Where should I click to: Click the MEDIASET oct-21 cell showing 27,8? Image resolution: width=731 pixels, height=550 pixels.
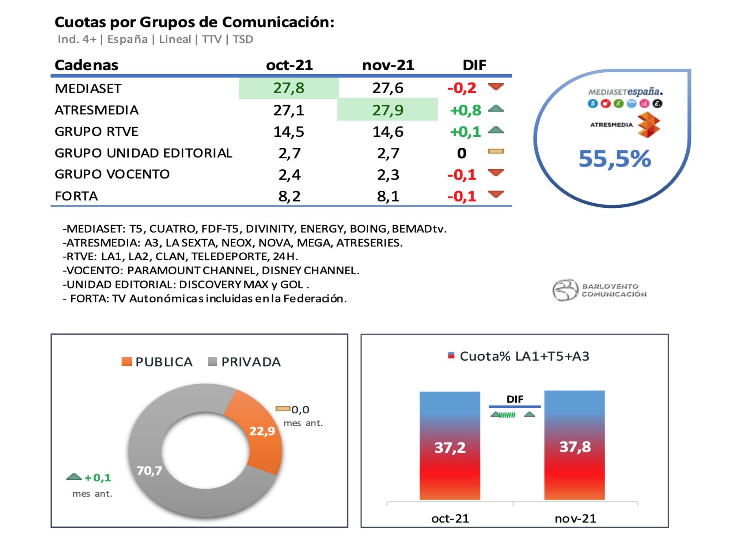tap(289, 88)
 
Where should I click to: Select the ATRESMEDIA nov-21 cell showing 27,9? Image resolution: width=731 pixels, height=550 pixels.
tap(388, 110)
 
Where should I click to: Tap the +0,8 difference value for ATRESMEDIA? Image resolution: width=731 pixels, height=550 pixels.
tap(465, 110)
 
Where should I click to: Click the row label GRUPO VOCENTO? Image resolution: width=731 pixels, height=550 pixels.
tap(112, 174)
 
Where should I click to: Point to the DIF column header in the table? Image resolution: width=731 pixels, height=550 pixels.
tap(474, 65)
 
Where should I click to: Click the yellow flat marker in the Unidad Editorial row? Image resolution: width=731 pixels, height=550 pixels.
tap(496, 151)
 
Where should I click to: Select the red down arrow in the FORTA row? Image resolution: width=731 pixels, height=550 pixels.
tap(496, 194)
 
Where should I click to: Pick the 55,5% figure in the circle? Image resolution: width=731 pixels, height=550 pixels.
tap(615, 159)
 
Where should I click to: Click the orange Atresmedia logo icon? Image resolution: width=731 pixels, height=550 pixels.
tap(648, 125)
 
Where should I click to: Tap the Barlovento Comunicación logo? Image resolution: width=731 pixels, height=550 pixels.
tap(599, 290)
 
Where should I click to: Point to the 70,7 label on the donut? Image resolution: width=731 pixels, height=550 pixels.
tap(149, 470)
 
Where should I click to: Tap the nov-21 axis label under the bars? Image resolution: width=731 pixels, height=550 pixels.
tap(575, 519)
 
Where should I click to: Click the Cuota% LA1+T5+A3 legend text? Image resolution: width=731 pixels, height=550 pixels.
tap(524, 356)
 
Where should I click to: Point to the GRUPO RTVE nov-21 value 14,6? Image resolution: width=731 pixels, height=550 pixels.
tap(388, 132)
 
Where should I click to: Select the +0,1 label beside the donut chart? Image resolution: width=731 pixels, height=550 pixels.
tap(98, 478)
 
